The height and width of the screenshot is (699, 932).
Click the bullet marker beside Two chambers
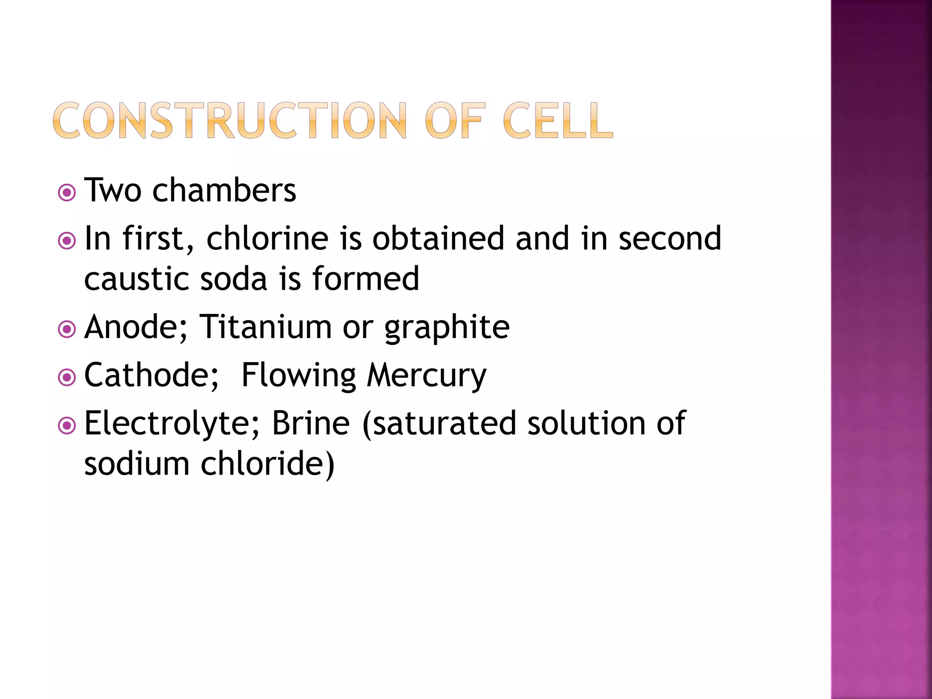pyautogui.click(x=67, y=192)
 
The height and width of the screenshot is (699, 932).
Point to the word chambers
pyautogui.click(x=224, y=190)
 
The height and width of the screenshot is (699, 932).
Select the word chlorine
pyautogui.click(x=267, y=238)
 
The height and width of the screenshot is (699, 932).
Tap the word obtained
pyautogui.click(x=438, y=238)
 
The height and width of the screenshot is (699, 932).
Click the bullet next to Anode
pyautogui.click(x=67, y=329)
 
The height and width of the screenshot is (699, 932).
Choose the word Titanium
pyautogui.click(x=266, y=327)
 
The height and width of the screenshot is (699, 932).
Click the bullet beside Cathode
pyautogui.click(x=67, y=377)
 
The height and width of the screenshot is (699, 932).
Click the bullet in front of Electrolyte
pyautogui.click(x=67, y=425)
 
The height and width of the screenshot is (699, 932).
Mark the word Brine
pyautogui.click(x=311, y=423)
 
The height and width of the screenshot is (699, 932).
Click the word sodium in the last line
pyautogui.click(x=137, y=464)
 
